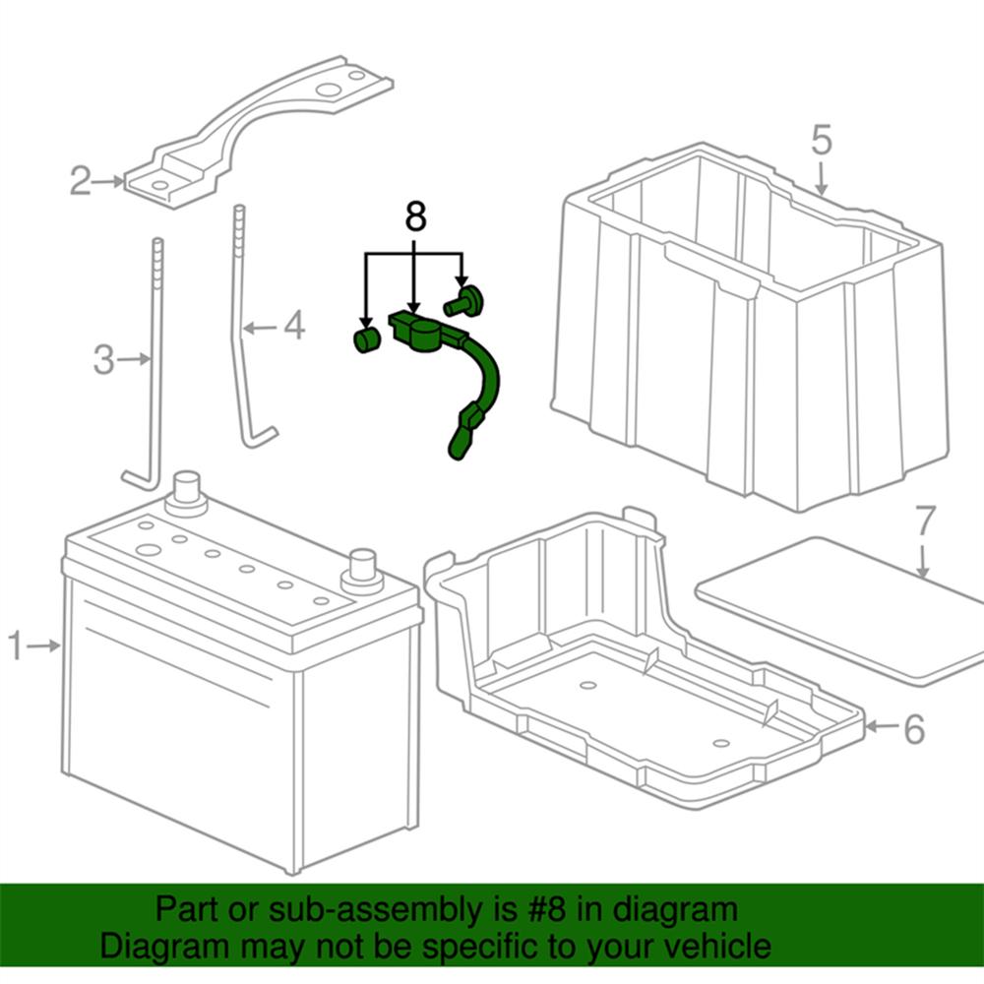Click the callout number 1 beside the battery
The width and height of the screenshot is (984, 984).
tap(16, 646)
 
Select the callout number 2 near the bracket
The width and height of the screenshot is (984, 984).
tap(81, 181)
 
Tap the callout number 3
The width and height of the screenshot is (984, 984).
tap(104, 360)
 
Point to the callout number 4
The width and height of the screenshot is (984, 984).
tap(294, 327)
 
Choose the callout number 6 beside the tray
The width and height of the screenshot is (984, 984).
tap(913, 729)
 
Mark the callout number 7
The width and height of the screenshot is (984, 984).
tap(923, 521)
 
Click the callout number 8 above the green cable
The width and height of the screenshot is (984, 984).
tap(415, 218)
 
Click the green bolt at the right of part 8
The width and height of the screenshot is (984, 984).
tap(462, 296)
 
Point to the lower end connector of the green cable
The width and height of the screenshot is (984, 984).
tap(461, 440)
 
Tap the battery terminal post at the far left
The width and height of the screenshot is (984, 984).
tap(186, 489)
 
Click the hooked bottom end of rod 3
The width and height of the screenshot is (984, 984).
tap(137, 480)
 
